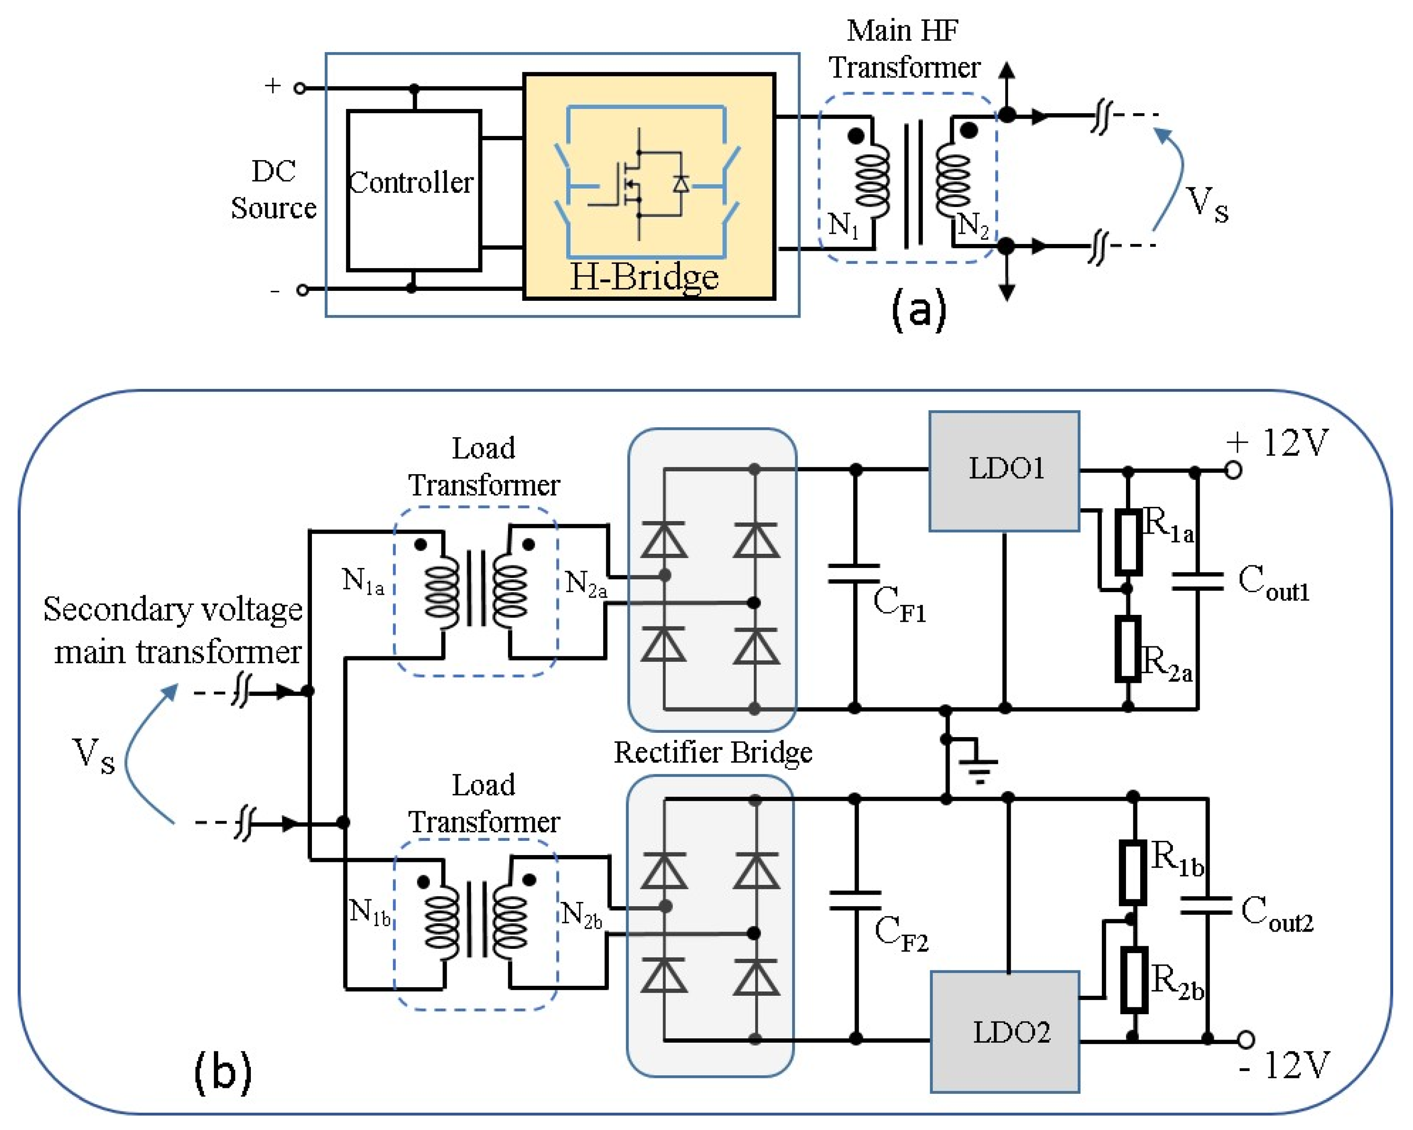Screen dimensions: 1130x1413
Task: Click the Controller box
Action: click(x=413, y=190)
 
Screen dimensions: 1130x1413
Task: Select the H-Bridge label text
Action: click(x=644, y=277)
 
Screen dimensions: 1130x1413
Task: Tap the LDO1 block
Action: click(x=1004, y=470)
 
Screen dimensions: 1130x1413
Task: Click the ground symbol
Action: click(x=978, y=764)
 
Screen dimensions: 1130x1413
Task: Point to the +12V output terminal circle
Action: click(x=1234, y=471)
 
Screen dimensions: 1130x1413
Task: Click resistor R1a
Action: click(x=1128, y=543)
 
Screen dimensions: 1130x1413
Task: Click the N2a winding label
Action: click(x=585, y=584)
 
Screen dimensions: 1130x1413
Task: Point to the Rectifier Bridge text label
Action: click(x=713, y=753)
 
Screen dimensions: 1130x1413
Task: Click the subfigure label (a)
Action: click(x=919, y=309)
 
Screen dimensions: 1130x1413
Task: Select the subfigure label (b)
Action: click(x=223, y=1071)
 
